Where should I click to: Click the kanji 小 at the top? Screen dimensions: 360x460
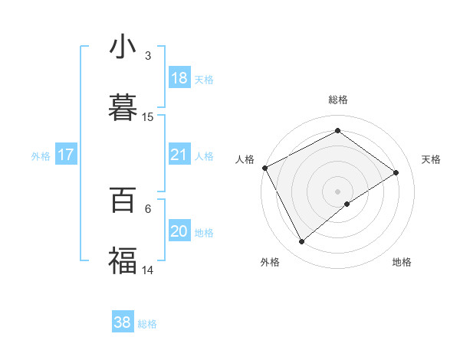point(123,47)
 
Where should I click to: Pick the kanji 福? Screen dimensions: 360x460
point(123,260)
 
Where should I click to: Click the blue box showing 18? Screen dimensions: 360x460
point(179,78)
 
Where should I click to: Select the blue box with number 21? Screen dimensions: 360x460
point(179,155)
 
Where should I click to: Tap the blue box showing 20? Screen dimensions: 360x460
point(179,232)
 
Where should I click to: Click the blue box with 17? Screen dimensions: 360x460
point(66,155)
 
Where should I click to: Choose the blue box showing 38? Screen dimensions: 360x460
point(123,322)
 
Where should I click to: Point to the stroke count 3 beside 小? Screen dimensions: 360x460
point(148,56)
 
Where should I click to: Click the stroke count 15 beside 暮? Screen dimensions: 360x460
point(148,117)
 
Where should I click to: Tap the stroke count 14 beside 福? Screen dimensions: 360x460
point(148,269)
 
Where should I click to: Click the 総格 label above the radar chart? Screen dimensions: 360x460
point(338,100)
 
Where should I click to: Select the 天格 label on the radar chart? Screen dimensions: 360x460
point(432,159)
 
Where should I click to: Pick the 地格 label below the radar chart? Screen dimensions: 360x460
point(402,263)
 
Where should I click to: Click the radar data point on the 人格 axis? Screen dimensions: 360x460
point(264,168)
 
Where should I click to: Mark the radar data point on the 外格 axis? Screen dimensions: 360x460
point(302,242)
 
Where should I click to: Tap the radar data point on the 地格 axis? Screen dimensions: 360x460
point(347,204)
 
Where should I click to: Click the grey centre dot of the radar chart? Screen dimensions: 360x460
point(338,191)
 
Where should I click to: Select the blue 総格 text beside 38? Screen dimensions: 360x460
point(148,324)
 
